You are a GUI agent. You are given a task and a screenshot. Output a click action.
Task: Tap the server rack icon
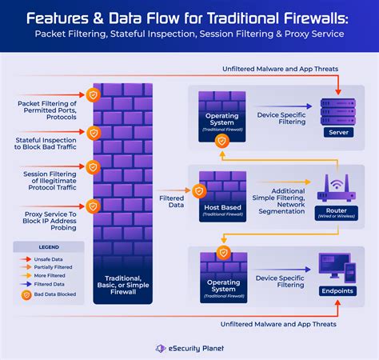point(336,110)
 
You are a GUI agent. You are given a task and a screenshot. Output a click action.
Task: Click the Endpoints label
point(336,290)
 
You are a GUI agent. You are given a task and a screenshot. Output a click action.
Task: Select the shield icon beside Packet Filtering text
point(94,95)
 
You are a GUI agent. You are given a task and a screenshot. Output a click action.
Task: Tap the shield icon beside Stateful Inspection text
point(94,131)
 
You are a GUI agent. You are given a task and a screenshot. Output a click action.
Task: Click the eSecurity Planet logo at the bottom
point(189,348)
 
